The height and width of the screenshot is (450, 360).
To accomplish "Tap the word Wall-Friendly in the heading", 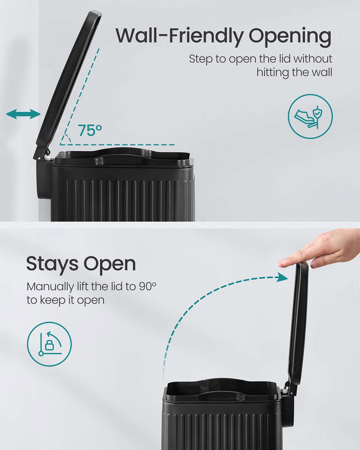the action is (180, 35).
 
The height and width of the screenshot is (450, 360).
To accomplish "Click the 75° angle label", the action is (90, 130).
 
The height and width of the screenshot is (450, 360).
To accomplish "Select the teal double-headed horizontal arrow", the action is (23, 114).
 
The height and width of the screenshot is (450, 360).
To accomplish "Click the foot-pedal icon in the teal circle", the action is (310, 116).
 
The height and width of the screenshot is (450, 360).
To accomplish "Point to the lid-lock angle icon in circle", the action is (49, 344).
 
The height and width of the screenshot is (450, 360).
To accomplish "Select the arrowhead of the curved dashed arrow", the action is (282, 277).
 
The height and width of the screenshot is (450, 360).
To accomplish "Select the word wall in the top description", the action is (322, 72).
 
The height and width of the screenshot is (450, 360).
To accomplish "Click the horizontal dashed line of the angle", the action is (117, 145).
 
